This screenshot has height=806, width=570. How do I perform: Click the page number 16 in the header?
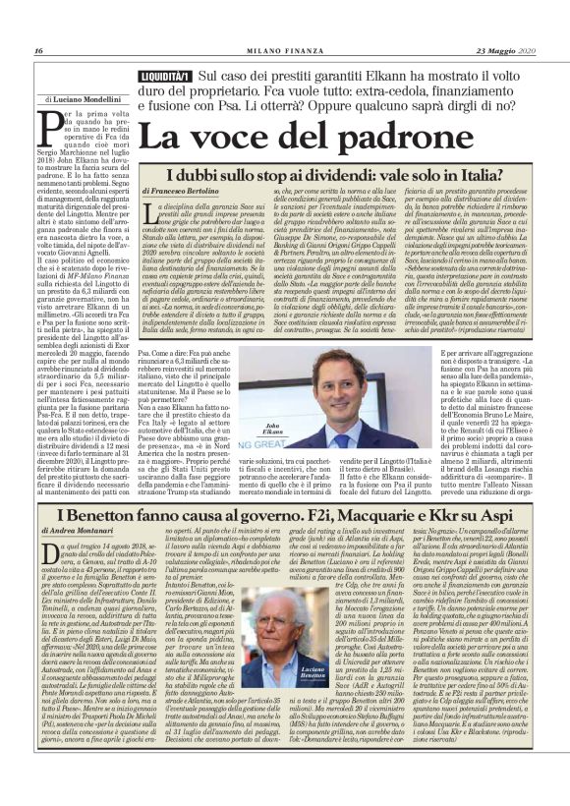tap(38, 51)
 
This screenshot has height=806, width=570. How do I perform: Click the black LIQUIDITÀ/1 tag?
tap(164, 76)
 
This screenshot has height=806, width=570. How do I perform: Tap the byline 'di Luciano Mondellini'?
tap(85, 99)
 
